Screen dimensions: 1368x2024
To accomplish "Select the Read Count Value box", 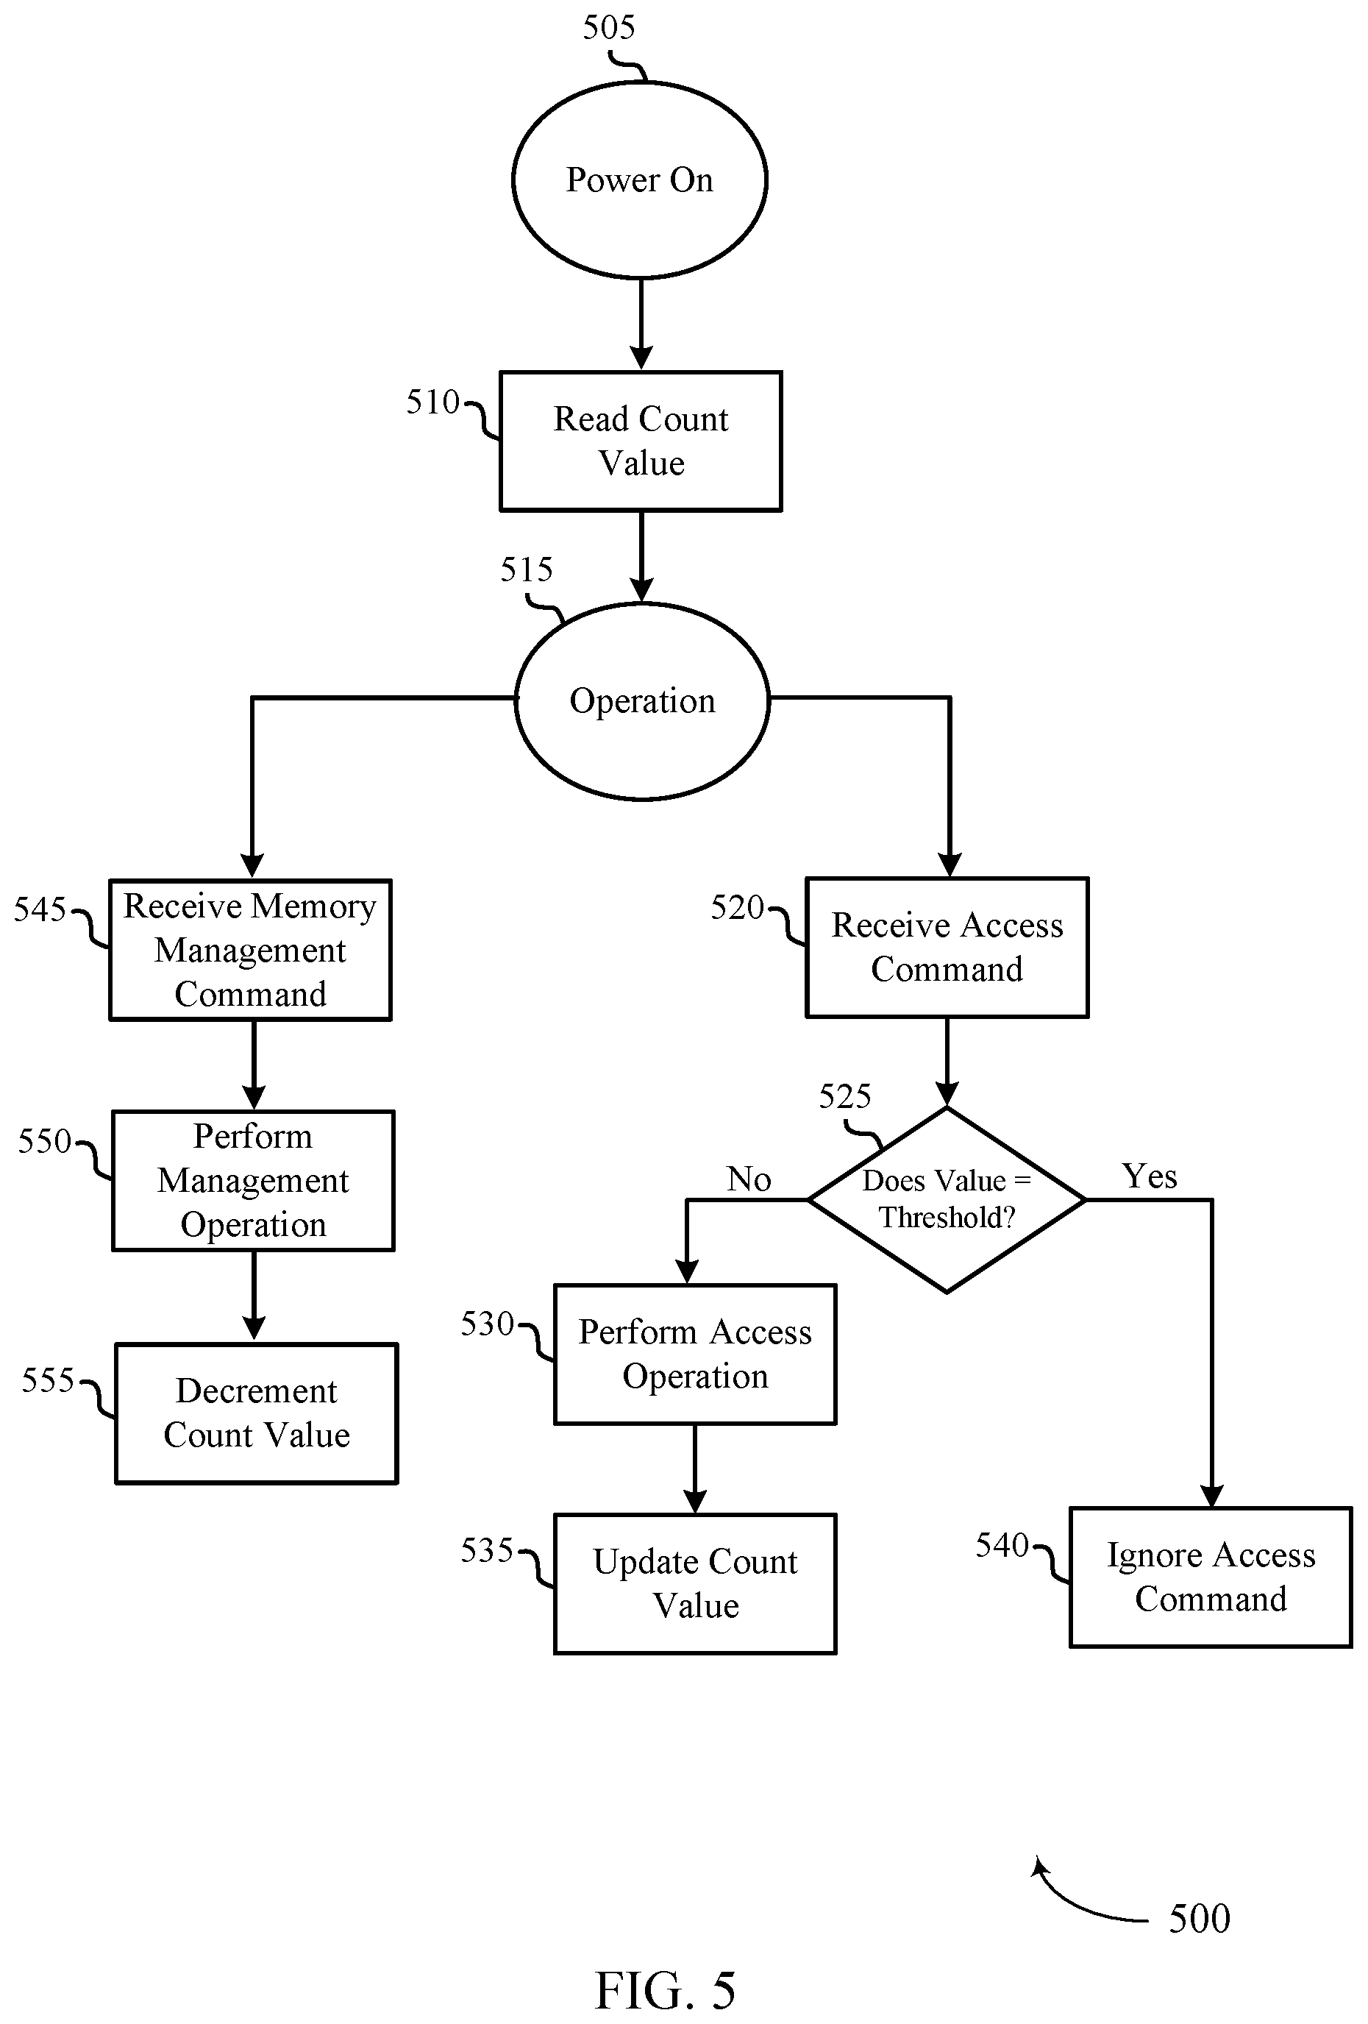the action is (641, 441).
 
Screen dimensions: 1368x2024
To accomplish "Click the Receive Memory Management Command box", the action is (251, 949).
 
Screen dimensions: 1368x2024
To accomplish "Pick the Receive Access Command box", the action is (947, 948).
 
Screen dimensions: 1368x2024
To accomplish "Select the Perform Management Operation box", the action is (254, 1181).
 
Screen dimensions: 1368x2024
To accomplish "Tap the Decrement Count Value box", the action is (257, 1413).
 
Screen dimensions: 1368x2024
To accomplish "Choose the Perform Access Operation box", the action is (696, 1354).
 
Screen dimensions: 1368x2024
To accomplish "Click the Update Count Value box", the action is (696, 1584).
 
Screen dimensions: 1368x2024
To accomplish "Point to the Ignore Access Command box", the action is (1211, 1577).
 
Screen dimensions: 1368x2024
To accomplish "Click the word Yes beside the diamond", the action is (1150, 1176).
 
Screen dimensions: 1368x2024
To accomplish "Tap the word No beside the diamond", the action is (749, 1179).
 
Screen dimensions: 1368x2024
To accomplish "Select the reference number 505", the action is (609, 28).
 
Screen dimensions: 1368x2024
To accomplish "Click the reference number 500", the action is (1199, 1919).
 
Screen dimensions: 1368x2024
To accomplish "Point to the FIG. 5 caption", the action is (666, 1991).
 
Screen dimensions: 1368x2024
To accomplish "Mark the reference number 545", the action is (40, 910).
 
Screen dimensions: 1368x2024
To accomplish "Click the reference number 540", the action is (1002, 1546).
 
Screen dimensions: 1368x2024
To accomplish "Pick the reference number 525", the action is (844, 1096).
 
